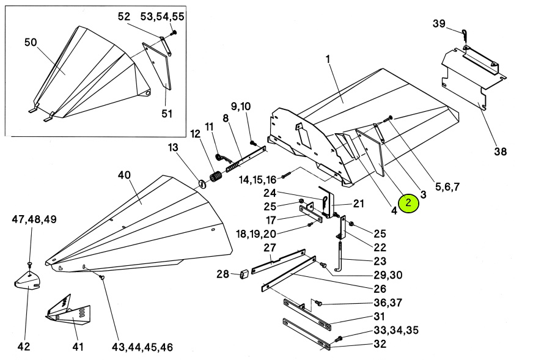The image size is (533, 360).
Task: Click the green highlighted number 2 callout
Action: click(x=408, y=203)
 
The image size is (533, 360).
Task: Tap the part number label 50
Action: click(x=31, y=42)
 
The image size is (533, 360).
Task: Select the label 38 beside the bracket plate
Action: click(x=500, y=152)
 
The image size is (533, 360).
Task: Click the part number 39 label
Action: click(x=439, y=23)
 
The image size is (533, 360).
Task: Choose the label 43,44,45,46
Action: click(x=142, y=347)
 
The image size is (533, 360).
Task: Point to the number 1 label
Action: click(x=328, y=59)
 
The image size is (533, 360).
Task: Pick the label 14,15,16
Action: click(x=257, y=180)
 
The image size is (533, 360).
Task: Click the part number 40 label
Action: click(x=124, y=175)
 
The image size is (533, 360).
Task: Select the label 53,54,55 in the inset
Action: click(x=163, y=16)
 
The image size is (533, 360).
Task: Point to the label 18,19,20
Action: click(x=257, y=233)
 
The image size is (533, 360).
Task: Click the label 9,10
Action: click(x=240, y=106)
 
